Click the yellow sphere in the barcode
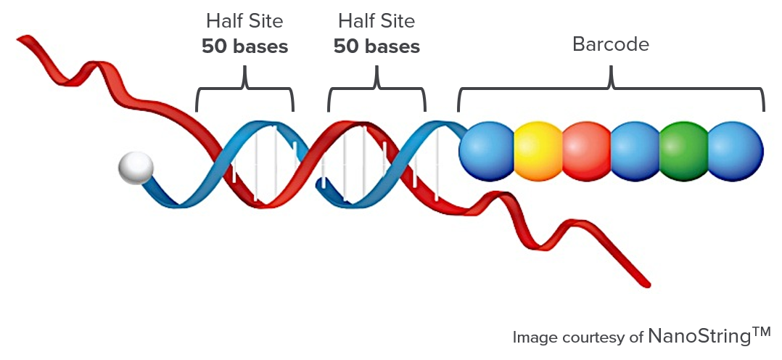click(538, 151)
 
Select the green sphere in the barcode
click(683, 151)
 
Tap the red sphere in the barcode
click(586, 151)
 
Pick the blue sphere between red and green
click(635, 151)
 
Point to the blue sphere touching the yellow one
click(487, 151)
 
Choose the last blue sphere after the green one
click(735, 151)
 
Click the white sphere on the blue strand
click(136, 169)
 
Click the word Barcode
click(610, 44)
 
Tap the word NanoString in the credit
click(698, 337)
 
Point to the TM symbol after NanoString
click(760, 332)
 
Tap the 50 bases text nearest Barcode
click(376, 47)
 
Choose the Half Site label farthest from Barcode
click(244, 20)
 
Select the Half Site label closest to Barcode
click(376, 20)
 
